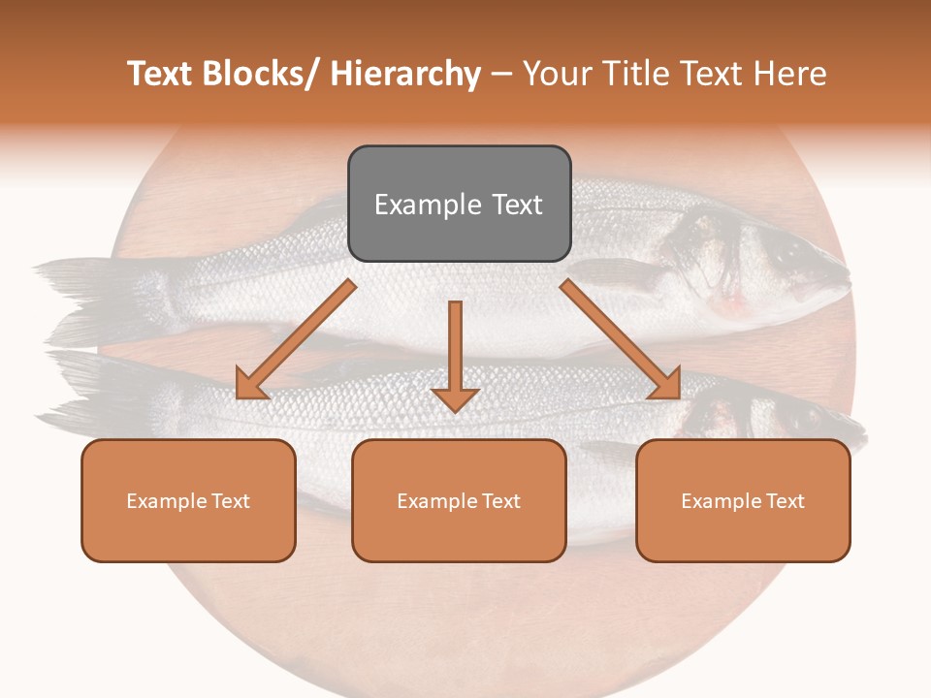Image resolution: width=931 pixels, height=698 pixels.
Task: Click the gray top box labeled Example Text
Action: coord(459,204)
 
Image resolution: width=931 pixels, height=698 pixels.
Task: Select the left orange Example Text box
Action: coord(188,500)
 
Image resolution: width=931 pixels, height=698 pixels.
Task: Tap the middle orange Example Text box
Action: coord(459,500)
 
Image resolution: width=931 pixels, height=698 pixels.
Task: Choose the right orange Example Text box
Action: coord(743,500)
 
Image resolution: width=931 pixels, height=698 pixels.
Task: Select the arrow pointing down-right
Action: coord(622,340)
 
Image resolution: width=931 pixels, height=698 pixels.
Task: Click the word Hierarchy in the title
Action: coord(405,75)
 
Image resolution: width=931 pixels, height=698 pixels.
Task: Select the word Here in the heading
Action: coord(791,75)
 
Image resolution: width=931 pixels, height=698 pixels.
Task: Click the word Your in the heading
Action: coord(555,75)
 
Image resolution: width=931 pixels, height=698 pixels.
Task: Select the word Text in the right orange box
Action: coord(783,500)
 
